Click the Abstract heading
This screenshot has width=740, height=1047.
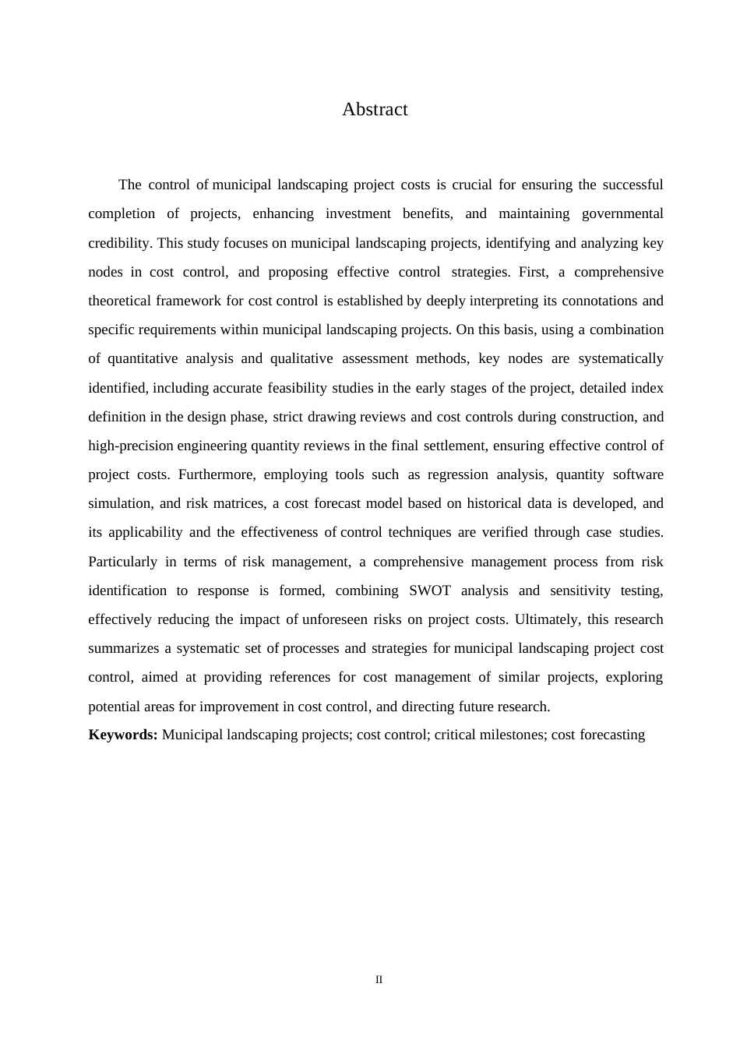(375, 110)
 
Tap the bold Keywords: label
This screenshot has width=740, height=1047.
(123, 735)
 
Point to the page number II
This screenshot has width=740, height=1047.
(379, 980)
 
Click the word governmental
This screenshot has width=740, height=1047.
(622, 213)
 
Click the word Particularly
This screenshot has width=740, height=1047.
(122, 562)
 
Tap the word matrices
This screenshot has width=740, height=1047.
(238, 503)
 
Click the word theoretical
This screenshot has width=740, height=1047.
(120, 301)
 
